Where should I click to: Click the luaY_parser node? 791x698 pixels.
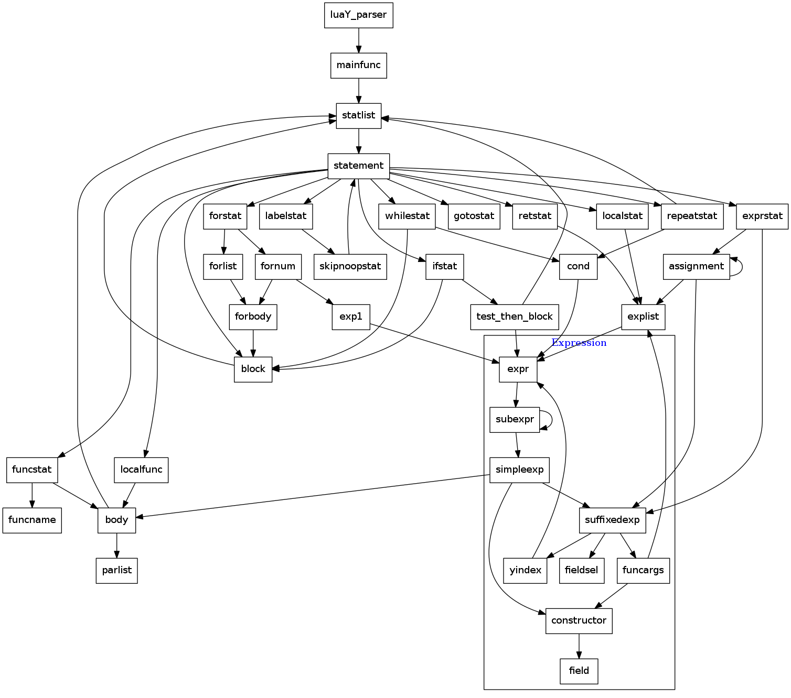[x=358, y=15]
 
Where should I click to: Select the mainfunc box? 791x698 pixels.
[x=358, y=66]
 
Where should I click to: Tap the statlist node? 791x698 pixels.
[x=358, y=116]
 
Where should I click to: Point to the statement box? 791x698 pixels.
[x=358, y=166]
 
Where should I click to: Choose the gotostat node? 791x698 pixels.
[x=474, y=216]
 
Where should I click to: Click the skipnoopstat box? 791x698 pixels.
[x=350, y=267]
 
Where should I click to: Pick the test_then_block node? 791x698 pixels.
[x=514, y=317]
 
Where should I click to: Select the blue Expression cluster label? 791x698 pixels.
[x=579, y=343]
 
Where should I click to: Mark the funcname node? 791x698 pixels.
[x=32, y=520]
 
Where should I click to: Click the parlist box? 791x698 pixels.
[x=116, y=571]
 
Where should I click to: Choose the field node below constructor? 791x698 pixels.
[x=579, y=671]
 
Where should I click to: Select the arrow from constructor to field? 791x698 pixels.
[x=579, y=646]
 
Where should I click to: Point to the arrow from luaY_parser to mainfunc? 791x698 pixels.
[x=358, y=40]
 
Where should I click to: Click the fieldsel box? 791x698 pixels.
[x=582, y=571]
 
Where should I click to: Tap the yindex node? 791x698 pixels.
[x=525, y=571]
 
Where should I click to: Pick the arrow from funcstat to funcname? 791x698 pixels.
[x=32, y=495]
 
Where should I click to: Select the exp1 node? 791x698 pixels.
[x=350, y=317]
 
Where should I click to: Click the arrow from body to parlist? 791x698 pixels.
[x=116, y=546]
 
